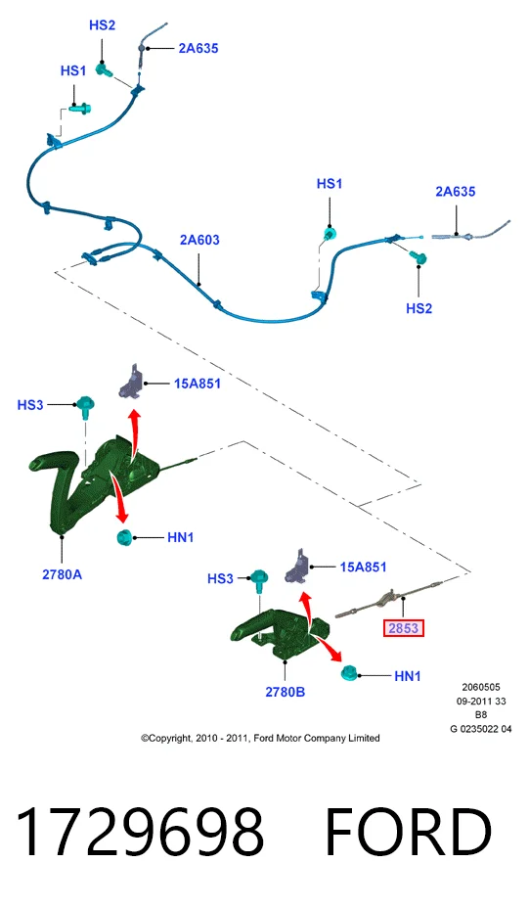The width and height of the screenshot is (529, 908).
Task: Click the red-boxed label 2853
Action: pyautogui.click(x=404, y=628)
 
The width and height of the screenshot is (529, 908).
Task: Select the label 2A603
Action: pyautogui.click(x=199, y=240)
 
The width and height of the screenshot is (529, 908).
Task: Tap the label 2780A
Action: pyautogui.click(x=62, y=574)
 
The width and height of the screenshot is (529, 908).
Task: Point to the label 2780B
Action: pyautogui.click(x=285, y=692)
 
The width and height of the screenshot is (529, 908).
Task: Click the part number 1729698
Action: pyautogui.click(x=140, y=833)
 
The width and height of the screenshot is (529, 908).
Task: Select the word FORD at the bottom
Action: pyautogui.click(x=409, y=833)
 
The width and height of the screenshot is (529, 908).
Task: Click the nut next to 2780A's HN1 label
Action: pyautogui.click(x=124, y=537)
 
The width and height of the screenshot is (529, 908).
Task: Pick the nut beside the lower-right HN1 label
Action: pyautogui.click(x=349, y=673)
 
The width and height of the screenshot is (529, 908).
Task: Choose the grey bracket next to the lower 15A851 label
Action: pyautogui.click(x=297, y=567)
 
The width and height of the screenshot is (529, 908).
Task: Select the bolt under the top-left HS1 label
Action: pyautogui.click(x=80, y=109)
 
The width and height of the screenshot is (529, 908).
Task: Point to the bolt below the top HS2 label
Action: pyautogui.click(x=105, y=70)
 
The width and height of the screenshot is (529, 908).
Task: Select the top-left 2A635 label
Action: pyautogui.click(x=198, y=49)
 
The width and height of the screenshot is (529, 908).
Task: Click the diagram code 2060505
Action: pyautogui.click(x=481, y=688)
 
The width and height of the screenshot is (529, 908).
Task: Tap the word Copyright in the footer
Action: pyautogui.click(x=170, y=739)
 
